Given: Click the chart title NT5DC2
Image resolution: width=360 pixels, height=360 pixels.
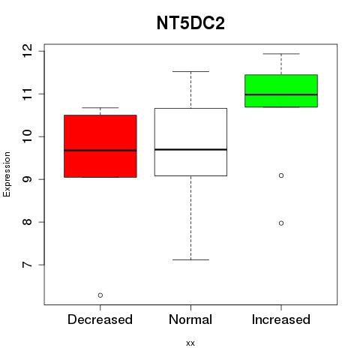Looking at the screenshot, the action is [x=190, y=23].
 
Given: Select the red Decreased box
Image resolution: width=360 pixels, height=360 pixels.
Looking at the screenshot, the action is [x=100, y=146].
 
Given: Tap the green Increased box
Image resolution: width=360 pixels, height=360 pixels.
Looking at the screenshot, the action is [x=281, y=91].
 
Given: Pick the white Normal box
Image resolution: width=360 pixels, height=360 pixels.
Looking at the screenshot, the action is [x=190, y=142].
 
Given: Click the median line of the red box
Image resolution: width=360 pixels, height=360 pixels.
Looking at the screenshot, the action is [x=100, y=151].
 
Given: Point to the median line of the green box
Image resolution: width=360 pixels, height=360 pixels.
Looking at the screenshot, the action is [x=281, y=94].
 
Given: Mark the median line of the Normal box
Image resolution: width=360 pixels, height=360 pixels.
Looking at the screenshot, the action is [x=190, y=149].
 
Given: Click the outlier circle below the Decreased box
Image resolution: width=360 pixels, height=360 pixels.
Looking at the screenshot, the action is [x=100, y=295].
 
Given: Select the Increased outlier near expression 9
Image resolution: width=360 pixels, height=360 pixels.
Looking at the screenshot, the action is [x=281, y=175].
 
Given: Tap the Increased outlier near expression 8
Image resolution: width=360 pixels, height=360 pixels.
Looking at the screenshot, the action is [x=281, y=223].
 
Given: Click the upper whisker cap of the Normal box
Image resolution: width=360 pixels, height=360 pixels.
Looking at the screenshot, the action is [x=190, y=71].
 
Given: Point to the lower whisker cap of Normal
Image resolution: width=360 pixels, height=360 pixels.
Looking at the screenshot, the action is [x=190, y=259].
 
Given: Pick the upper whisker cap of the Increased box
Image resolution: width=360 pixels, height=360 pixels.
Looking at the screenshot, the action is [x=281, y=54].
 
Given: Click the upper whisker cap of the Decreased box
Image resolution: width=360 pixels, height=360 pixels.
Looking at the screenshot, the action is [x=100, y=108].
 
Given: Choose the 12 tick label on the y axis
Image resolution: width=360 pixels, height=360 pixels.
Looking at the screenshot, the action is [x=28, y=51].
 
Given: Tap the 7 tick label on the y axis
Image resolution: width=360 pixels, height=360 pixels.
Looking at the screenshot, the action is [x=28, y=265].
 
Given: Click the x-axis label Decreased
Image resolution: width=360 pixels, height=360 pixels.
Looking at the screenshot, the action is [x=100, y=319].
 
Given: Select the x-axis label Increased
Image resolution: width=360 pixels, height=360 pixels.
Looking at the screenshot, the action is [x=281, y=319].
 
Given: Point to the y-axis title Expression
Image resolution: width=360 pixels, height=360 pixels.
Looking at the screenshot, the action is [x=7, y=174].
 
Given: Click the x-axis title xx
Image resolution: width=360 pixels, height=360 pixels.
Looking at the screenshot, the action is [x=190, y=343].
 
